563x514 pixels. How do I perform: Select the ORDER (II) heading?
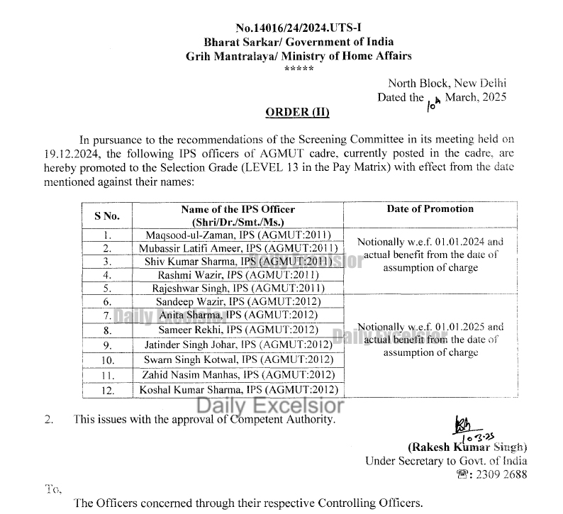click(298, 112)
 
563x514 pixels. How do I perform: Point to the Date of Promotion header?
click(430, 209)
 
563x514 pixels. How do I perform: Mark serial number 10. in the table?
click(106, 359)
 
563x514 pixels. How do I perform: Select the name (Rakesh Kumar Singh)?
click(467, 447)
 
